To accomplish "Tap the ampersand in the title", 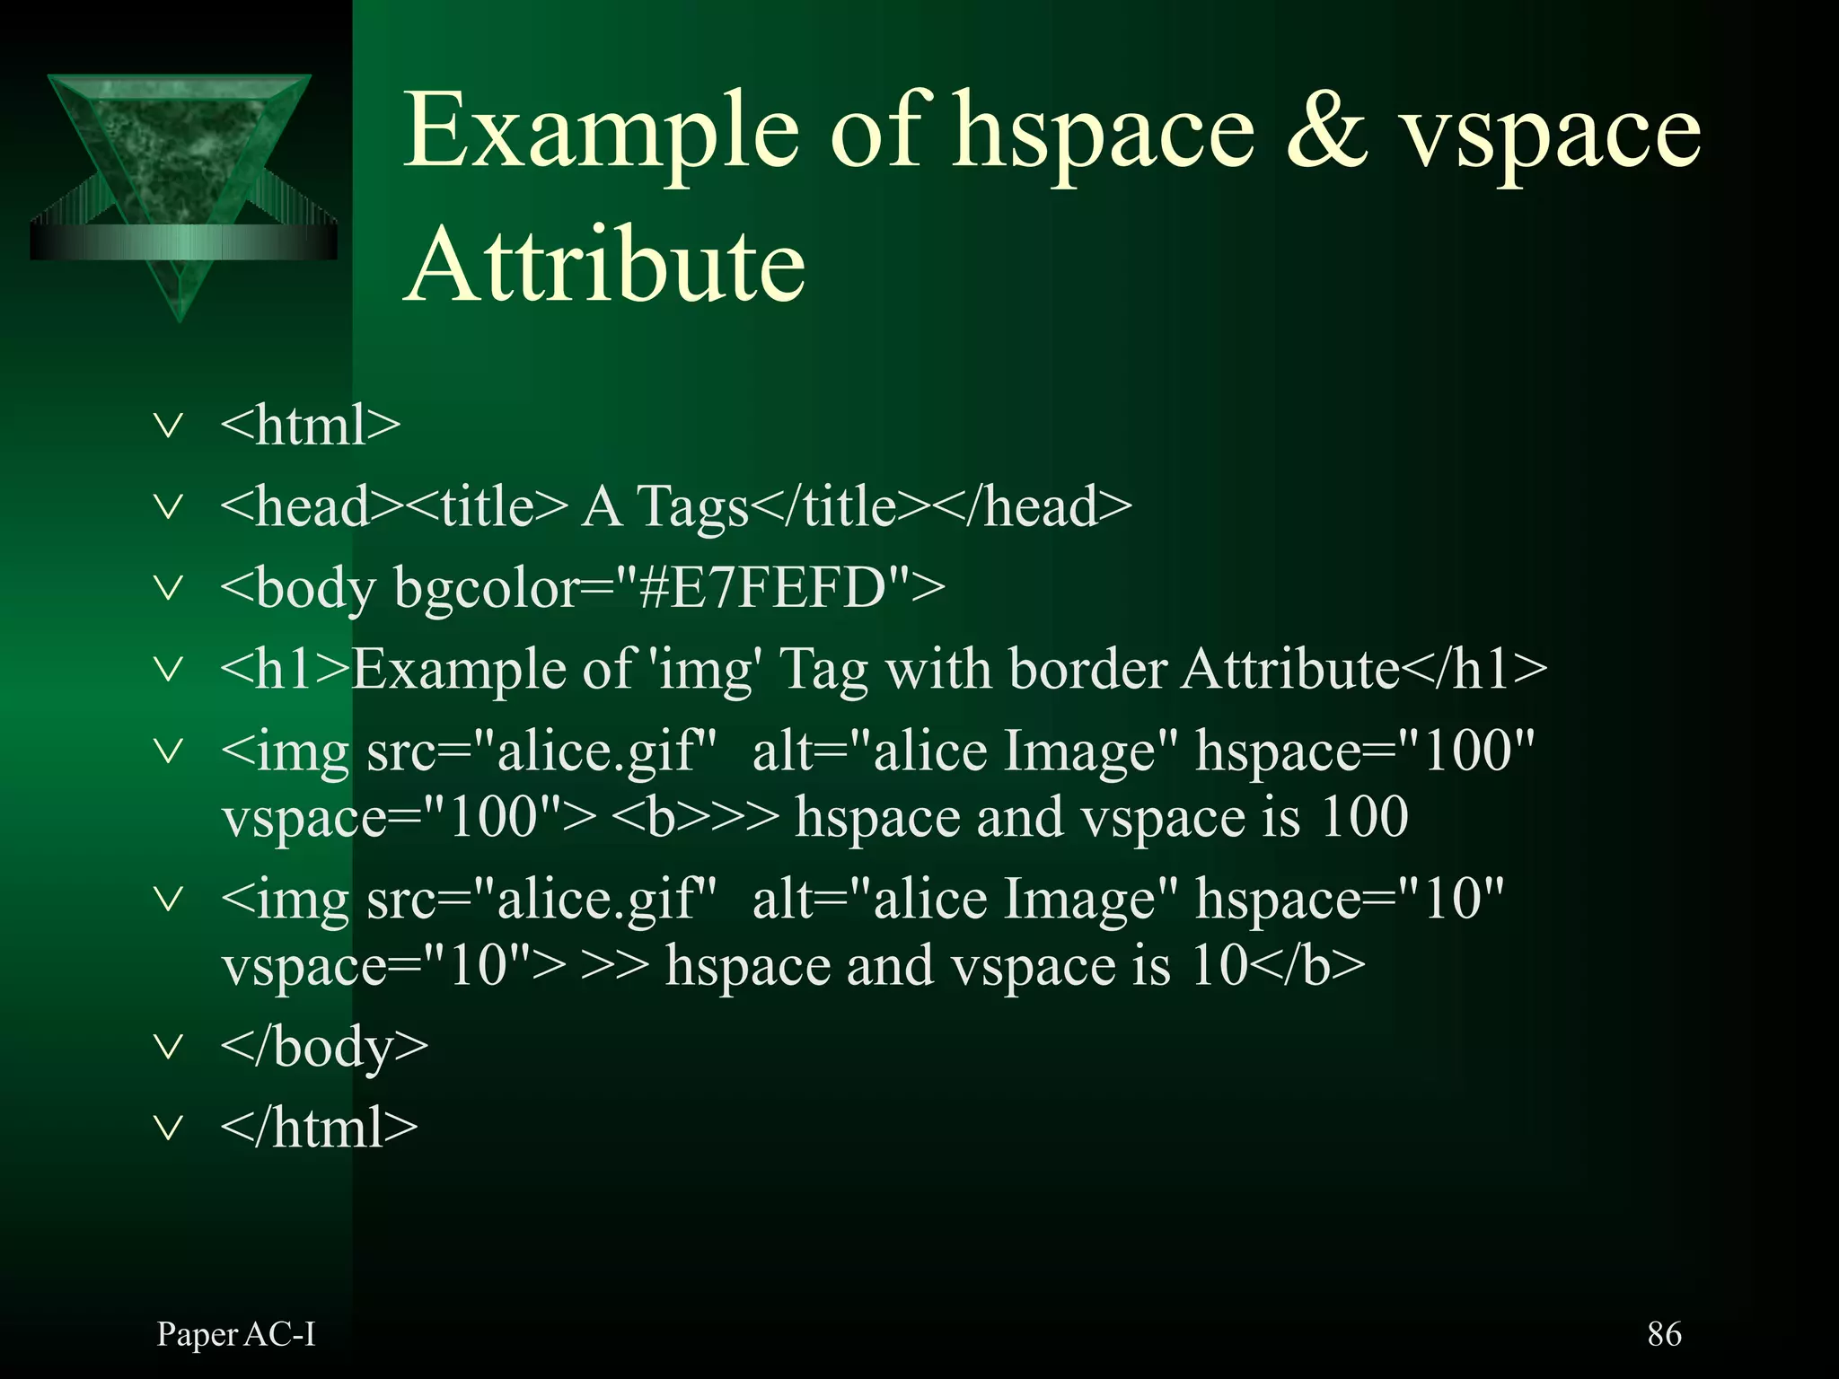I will click(x=1327, y=131).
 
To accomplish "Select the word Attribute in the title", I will click(x=605, y=266).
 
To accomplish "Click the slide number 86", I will click(x=1664, y=1334).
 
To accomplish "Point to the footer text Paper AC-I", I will click(x=236, y=1335).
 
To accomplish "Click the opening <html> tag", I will click(x=310, y=426).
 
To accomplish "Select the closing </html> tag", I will click(x=319, y=1129).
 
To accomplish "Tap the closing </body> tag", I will click(x=324, y=1048).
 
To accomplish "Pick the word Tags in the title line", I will click(x=692, y=507).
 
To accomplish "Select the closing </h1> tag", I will click(x=1474, y=670).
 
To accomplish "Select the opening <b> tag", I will click(x=648, y=818).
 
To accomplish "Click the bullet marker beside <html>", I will click(x=169, y=425).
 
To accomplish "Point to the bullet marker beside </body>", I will click(x=169, y=1046).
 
